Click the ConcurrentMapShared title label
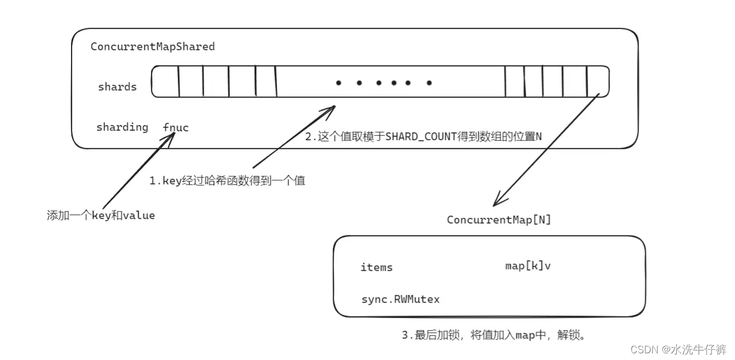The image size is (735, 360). click(153, 46)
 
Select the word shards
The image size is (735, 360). click(117, 87)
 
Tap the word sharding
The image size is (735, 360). click(122, 127)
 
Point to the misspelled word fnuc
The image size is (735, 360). click(176, 127)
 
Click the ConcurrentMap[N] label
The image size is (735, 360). click(498, 220)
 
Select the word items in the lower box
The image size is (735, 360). click(376, 267)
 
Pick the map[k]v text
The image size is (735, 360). click(527, 266)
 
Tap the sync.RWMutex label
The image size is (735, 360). click(401, 299)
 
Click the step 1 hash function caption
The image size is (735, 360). click(227, 181)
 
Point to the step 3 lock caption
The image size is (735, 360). click(493, 335)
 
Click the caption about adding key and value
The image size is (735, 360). click(101, 215)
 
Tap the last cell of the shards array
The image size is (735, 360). click(597, 82)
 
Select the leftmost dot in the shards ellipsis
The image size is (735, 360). click(338, 83)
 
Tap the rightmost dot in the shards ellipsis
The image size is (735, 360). click(429, 83)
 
